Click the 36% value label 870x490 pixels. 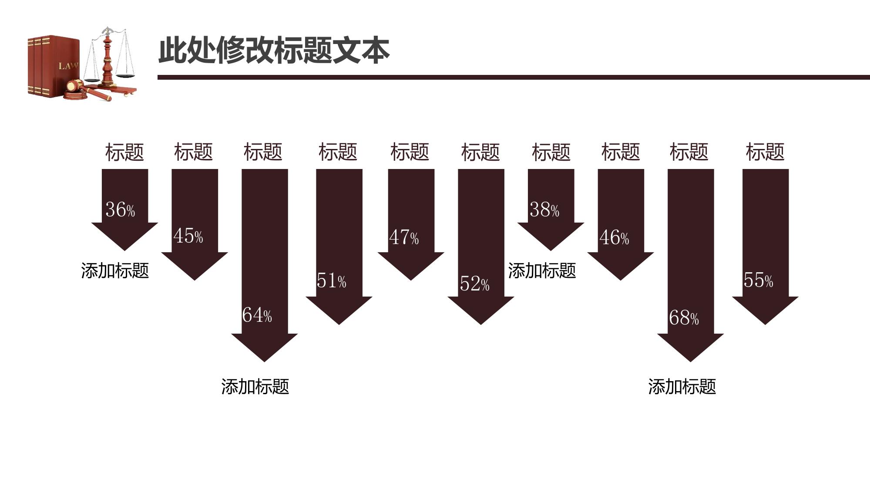pos(120,210)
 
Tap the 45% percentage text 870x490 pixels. pos(188,236)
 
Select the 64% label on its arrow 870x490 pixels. pos(257,315)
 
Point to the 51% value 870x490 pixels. pos(331,280)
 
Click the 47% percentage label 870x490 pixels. pos(404,237)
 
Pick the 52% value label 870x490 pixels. pos(474,284)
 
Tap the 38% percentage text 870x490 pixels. pos(544,210)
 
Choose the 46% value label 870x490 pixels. pos(614,237)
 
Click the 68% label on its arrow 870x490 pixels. pos(684,318)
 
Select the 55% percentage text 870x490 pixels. pos(758,280)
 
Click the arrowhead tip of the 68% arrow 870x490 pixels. pos(690,362)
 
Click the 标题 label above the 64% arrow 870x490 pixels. pos(263,152)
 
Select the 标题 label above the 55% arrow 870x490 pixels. pos(765,152)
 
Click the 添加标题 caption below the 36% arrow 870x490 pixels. pos(115,270)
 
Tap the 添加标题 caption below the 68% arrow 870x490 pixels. pos(682,386)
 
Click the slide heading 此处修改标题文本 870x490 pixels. pos(274,51)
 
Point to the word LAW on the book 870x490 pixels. pos(68,66)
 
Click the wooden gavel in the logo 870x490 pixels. pos(87,89)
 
